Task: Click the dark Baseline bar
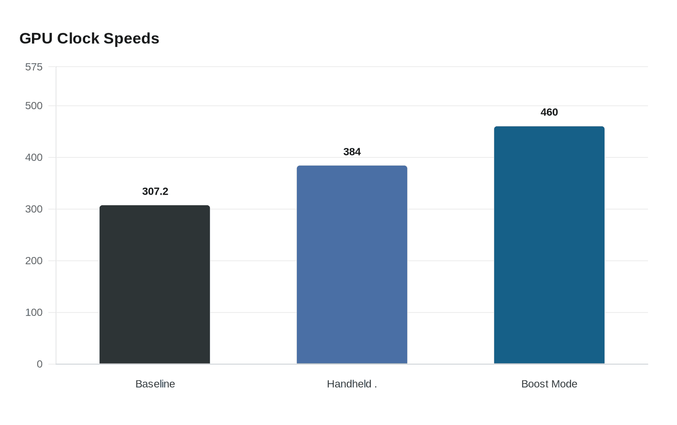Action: (155, 284)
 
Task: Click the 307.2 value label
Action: (155, 191)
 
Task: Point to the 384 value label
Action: (352, 152)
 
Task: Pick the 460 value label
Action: (549, 112)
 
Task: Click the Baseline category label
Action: (155, 384)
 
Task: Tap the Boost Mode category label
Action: (549, 384)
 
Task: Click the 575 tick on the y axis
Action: (34, 67)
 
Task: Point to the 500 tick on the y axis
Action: (34, 106)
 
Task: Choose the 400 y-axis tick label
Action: (34, 157)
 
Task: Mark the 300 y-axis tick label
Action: (34, 209)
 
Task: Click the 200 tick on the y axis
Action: (34, 261)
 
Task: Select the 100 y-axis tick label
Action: (34, 312)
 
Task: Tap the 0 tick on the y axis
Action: (40, 364)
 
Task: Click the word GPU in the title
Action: (36, 38)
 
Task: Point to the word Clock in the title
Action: (78, 38)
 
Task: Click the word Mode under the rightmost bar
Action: (564, 384)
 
